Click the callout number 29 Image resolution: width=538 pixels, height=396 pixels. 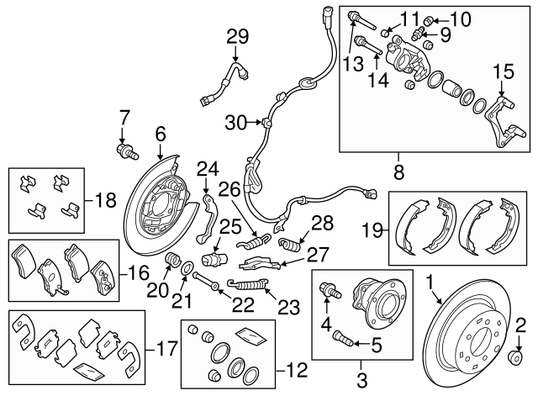pos(238,36)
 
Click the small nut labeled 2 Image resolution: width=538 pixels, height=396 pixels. pos(515,359)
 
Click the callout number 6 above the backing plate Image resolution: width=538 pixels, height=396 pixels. pos(160,132)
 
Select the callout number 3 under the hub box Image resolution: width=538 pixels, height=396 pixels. pos(362,381)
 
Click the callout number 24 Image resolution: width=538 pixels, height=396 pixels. pos(208,168)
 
